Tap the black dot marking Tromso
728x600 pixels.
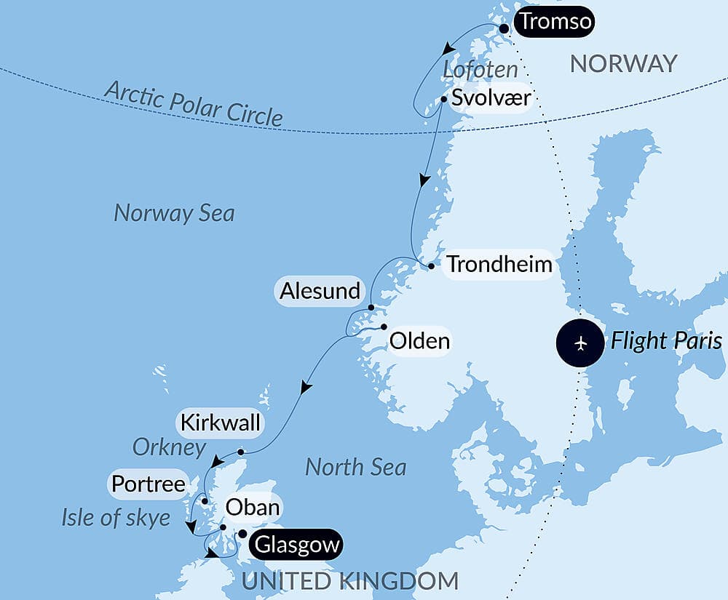pos(503,28)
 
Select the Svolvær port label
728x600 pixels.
pos(490,98)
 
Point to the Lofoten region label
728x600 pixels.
pos(480,71)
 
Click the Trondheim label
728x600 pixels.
pos(499,264)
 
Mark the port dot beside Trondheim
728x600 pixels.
pos(431,266)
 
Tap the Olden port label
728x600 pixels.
pos(419,340)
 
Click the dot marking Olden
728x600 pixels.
pos(384,327)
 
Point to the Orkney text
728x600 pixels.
pos(169,447)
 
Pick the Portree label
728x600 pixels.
pos(148,484)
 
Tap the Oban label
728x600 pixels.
pos(253,507)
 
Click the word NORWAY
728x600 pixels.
pos(623,63)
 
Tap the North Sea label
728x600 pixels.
pos(355,467)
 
